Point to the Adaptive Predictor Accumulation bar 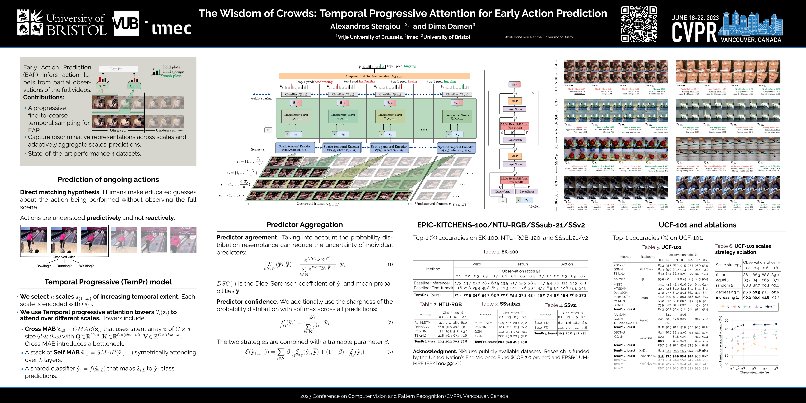click(x=374, y=76)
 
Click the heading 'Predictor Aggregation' click(x=304, y=225)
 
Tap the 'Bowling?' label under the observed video click(x=43, y=266)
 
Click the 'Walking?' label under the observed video click(x=86, y=266)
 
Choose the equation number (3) click(x=390, y=352)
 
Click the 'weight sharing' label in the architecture click(x=261, y=99)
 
